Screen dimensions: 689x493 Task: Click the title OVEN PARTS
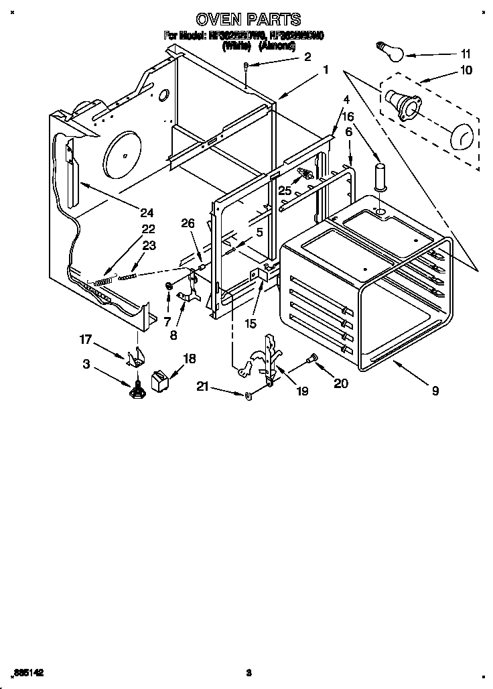click(x=247, y=19)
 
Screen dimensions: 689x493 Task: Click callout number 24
click(x=147, y=213)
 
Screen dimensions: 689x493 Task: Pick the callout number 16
click(x=348, y=117)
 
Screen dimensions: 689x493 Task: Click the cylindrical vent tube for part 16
click(x=380, y=176)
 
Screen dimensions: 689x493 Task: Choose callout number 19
click(x=302, y=391)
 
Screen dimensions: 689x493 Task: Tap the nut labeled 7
click(x=169, y=289)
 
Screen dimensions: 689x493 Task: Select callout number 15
click(x=251, y=323)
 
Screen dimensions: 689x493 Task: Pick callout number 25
click(x=285, y=191)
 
